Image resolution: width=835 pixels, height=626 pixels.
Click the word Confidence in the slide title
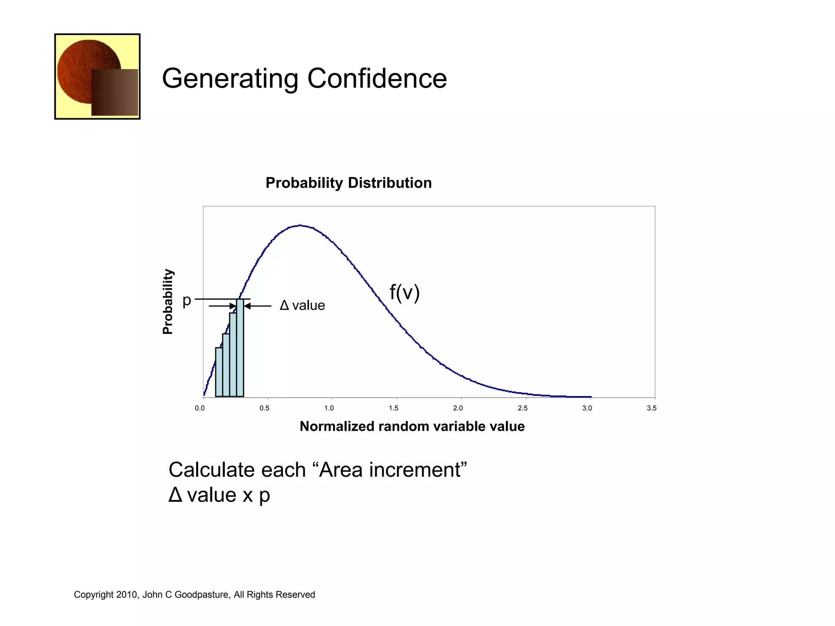(377, 78)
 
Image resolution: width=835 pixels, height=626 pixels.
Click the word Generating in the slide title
(230, 79)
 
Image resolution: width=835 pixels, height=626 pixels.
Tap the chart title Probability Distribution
(349, 183)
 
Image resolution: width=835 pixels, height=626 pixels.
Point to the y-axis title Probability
(168, 302)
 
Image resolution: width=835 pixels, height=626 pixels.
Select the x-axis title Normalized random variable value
(412, 426)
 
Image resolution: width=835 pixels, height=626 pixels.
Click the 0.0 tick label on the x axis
(200, 408)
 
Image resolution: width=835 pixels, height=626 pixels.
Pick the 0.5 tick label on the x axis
(265, 408)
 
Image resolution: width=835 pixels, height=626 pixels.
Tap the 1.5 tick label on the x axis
(393, 408)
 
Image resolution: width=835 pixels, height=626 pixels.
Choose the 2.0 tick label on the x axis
(458, 408)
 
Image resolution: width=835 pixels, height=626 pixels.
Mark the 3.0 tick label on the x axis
(587, 408)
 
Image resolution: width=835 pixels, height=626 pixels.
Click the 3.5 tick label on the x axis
(652, 408)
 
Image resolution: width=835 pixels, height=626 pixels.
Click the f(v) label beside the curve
(404, 292)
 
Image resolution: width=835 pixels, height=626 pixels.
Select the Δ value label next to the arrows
(302, 305)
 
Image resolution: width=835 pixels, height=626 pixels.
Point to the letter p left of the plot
(187, 301)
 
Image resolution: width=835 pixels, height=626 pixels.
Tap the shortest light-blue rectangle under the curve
(219, 372)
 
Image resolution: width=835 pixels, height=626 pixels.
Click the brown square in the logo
(115, 92)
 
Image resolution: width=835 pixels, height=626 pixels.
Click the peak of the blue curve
(300, 225)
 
